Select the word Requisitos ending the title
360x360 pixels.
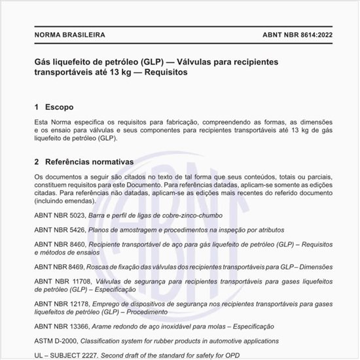(x=162, y=73)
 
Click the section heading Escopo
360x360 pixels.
(x=59, y=107)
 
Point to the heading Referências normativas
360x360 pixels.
(x=89, y=162)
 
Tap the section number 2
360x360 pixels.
(x=36, y=162)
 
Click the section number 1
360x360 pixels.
(x=36, y=107)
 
